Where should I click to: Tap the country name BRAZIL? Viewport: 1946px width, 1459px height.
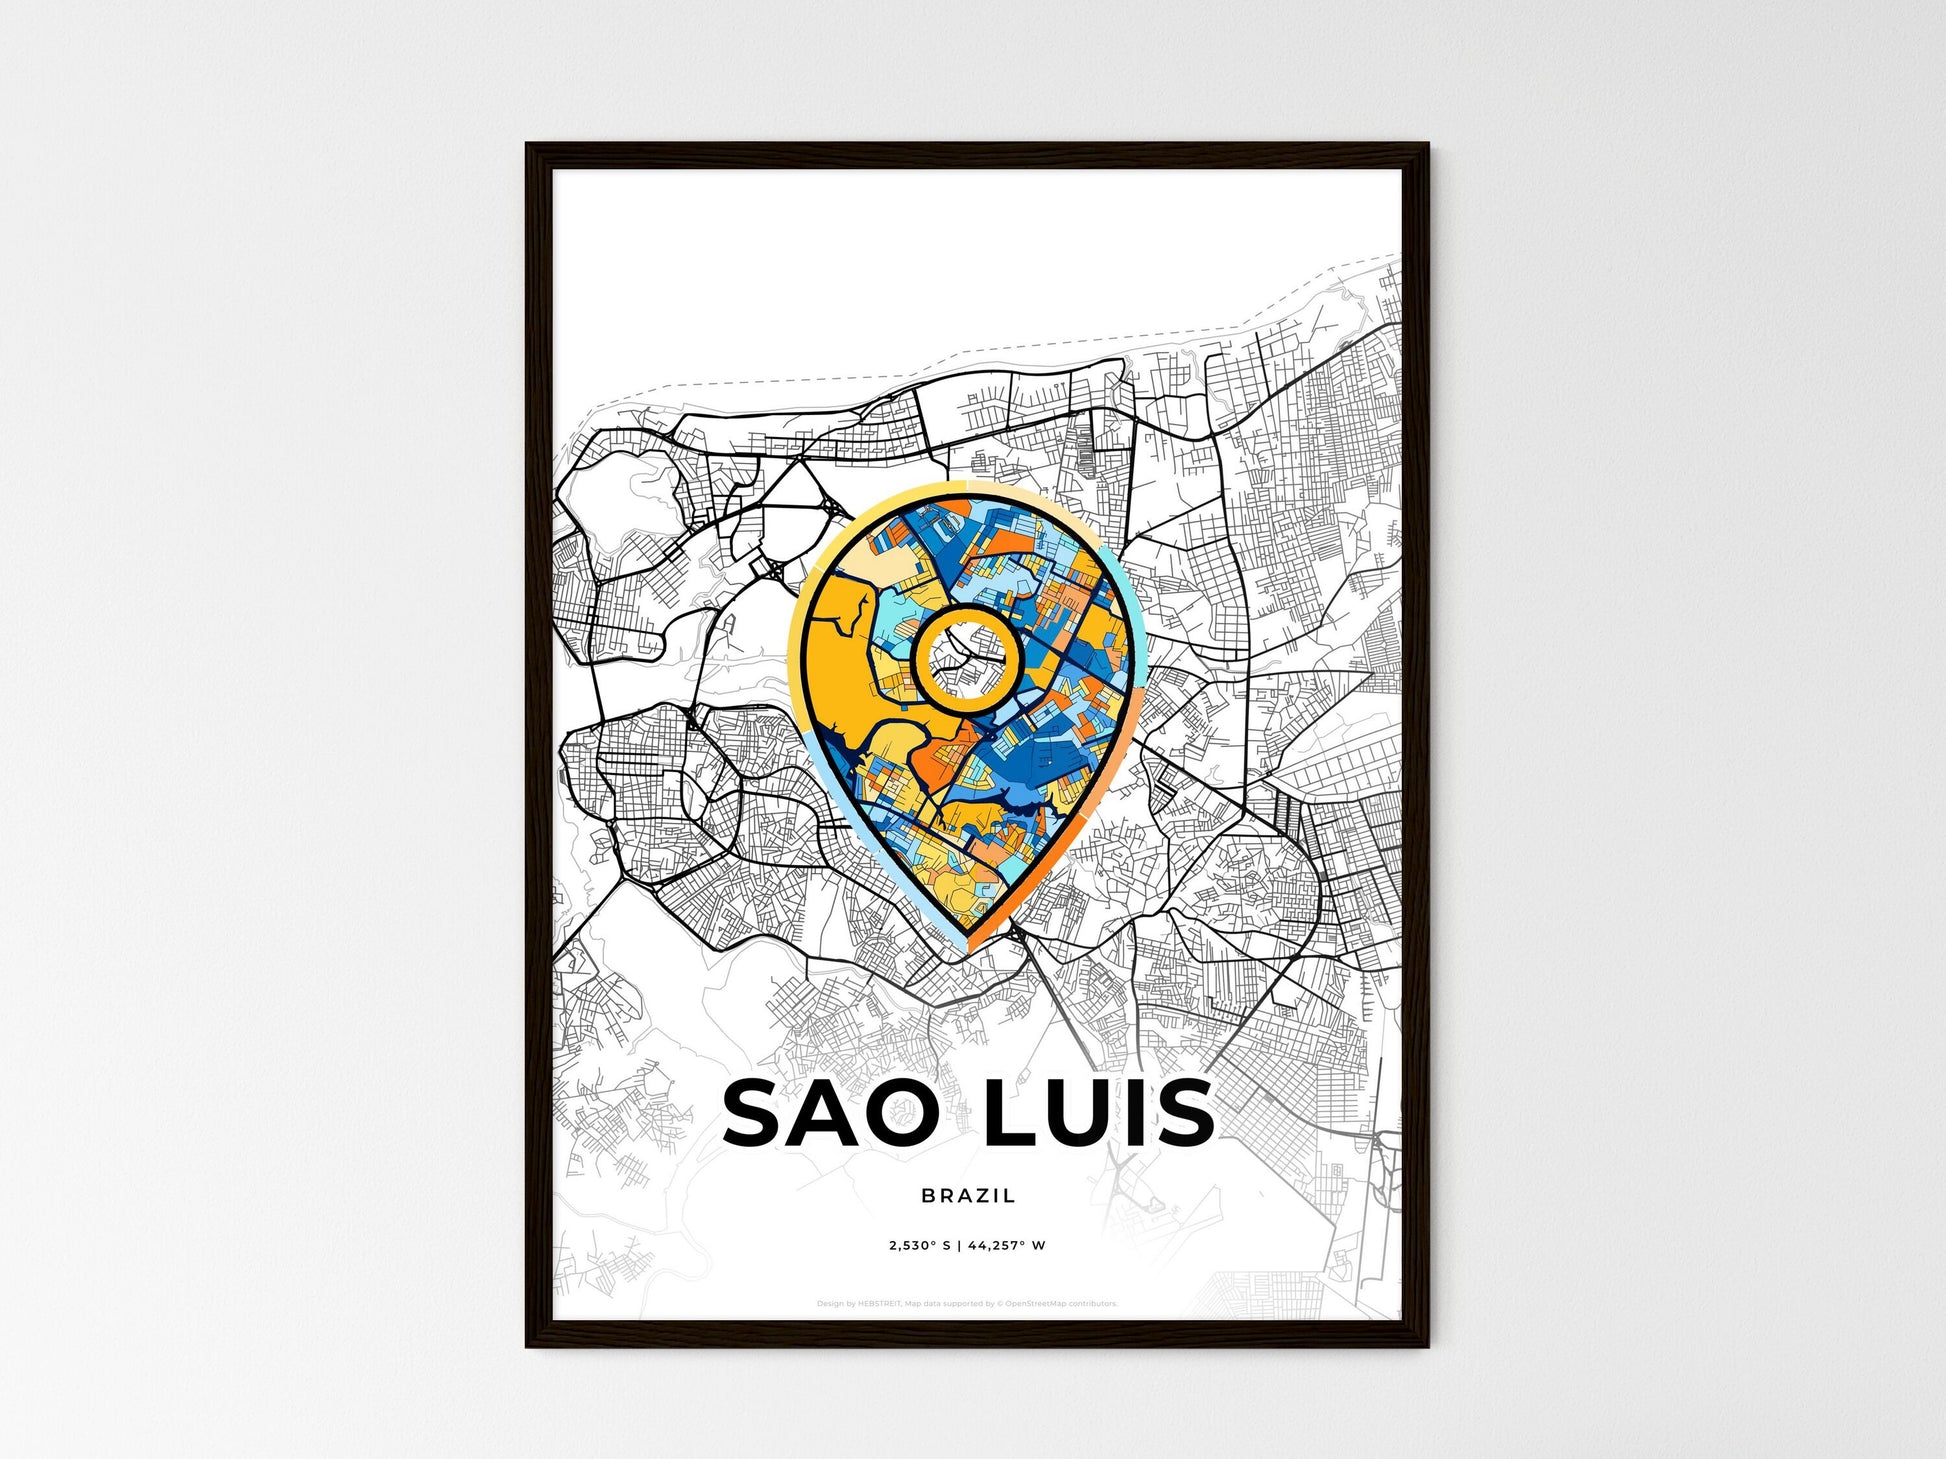[968, 1195]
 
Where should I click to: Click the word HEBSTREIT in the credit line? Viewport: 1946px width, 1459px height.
[879, 1304]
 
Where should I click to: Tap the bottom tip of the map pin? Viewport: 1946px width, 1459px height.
[967, 946]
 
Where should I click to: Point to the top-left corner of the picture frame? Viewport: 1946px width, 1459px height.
[528, 146]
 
